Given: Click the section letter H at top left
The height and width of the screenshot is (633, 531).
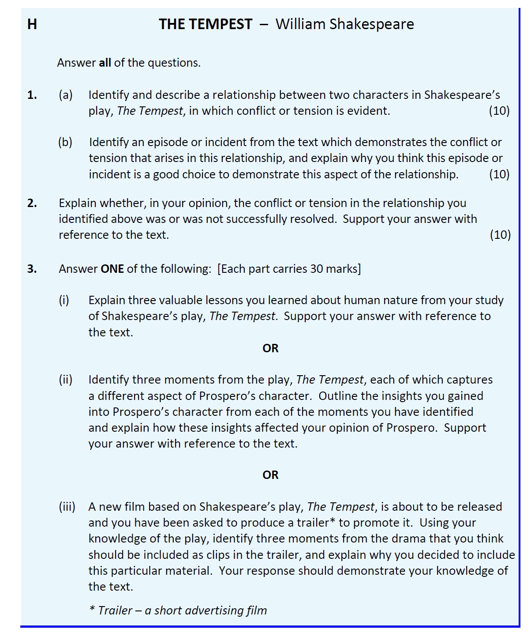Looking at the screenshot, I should point(32,24).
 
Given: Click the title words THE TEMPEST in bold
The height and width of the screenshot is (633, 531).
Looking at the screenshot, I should point(206,24).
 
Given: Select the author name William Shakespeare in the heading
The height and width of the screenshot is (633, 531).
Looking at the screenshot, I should point(344,24).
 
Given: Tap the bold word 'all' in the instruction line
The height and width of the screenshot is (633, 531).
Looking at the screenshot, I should point(105,63).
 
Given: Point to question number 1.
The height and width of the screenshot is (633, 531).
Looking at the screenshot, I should point(32,95).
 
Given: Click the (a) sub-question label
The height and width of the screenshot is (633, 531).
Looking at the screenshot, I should point(66,95).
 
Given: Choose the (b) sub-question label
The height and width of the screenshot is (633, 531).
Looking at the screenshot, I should point(65,142).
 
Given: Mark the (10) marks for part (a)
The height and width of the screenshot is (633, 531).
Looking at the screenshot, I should point(499,111).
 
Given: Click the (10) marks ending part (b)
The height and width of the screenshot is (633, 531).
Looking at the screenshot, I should point(499,174).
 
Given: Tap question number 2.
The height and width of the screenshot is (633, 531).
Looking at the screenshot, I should point(32,203).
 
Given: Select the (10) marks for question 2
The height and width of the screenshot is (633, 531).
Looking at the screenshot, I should point(500,235).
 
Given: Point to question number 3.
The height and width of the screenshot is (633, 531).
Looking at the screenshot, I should point(32,269).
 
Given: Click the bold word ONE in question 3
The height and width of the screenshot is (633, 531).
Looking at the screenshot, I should point(112,269).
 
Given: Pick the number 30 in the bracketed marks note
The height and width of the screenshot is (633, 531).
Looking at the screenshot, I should point(317,269).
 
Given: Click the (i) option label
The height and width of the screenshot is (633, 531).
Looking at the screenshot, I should point(64,300).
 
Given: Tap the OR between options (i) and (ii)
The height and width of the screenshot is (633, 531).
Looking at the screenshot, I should point(270,348).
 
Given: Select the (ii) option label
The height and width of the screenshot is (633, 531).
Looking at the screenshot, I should point(65,380).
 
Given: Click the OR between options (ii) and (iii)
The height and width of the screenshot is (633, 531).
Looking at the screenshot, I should point(270,475).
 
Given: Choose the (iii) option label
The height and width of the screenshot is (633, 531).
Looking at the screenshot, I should point(67,507).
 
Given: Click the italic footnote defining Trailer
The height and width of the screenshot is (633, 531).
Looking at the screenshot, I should point(178,610).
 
